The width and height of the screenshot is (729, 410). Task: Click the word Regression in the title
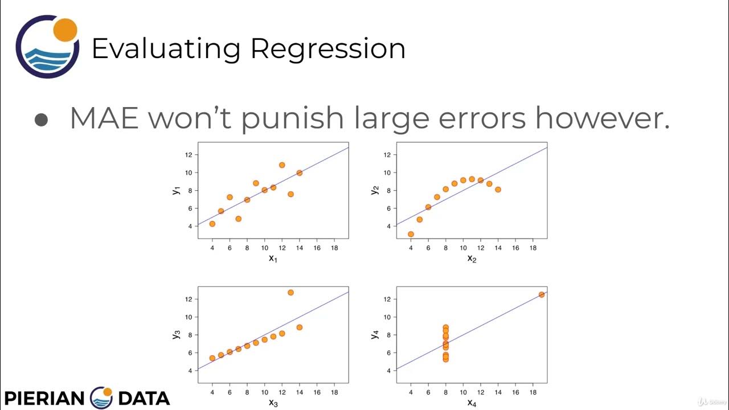point(327,50)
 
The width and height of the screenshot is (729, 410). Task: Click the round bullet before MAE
point(41,120)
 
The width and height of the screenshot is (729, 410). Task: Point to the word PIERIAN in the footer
point(44,397)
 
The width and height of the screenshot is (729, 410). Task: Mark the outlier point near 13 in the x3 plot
point(290,292)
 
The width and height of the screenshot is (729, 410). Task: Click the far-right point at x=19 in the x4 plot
point(541,294)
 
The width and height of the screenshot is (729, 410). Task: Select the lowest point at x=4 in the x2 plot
point(411,234)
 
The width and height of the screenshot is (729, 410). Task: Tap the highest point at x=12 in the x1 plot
point(282,165)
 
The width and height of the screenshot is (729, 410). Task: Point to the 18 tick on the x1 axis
point(334,248)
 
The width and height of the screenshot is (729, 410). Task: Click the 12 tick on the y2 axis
point(387,154)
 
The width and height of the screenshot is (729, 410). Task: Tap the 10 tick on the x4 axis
point(463,393)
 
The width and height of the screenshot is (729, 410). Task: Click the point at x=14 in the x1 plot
point(299,173)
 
